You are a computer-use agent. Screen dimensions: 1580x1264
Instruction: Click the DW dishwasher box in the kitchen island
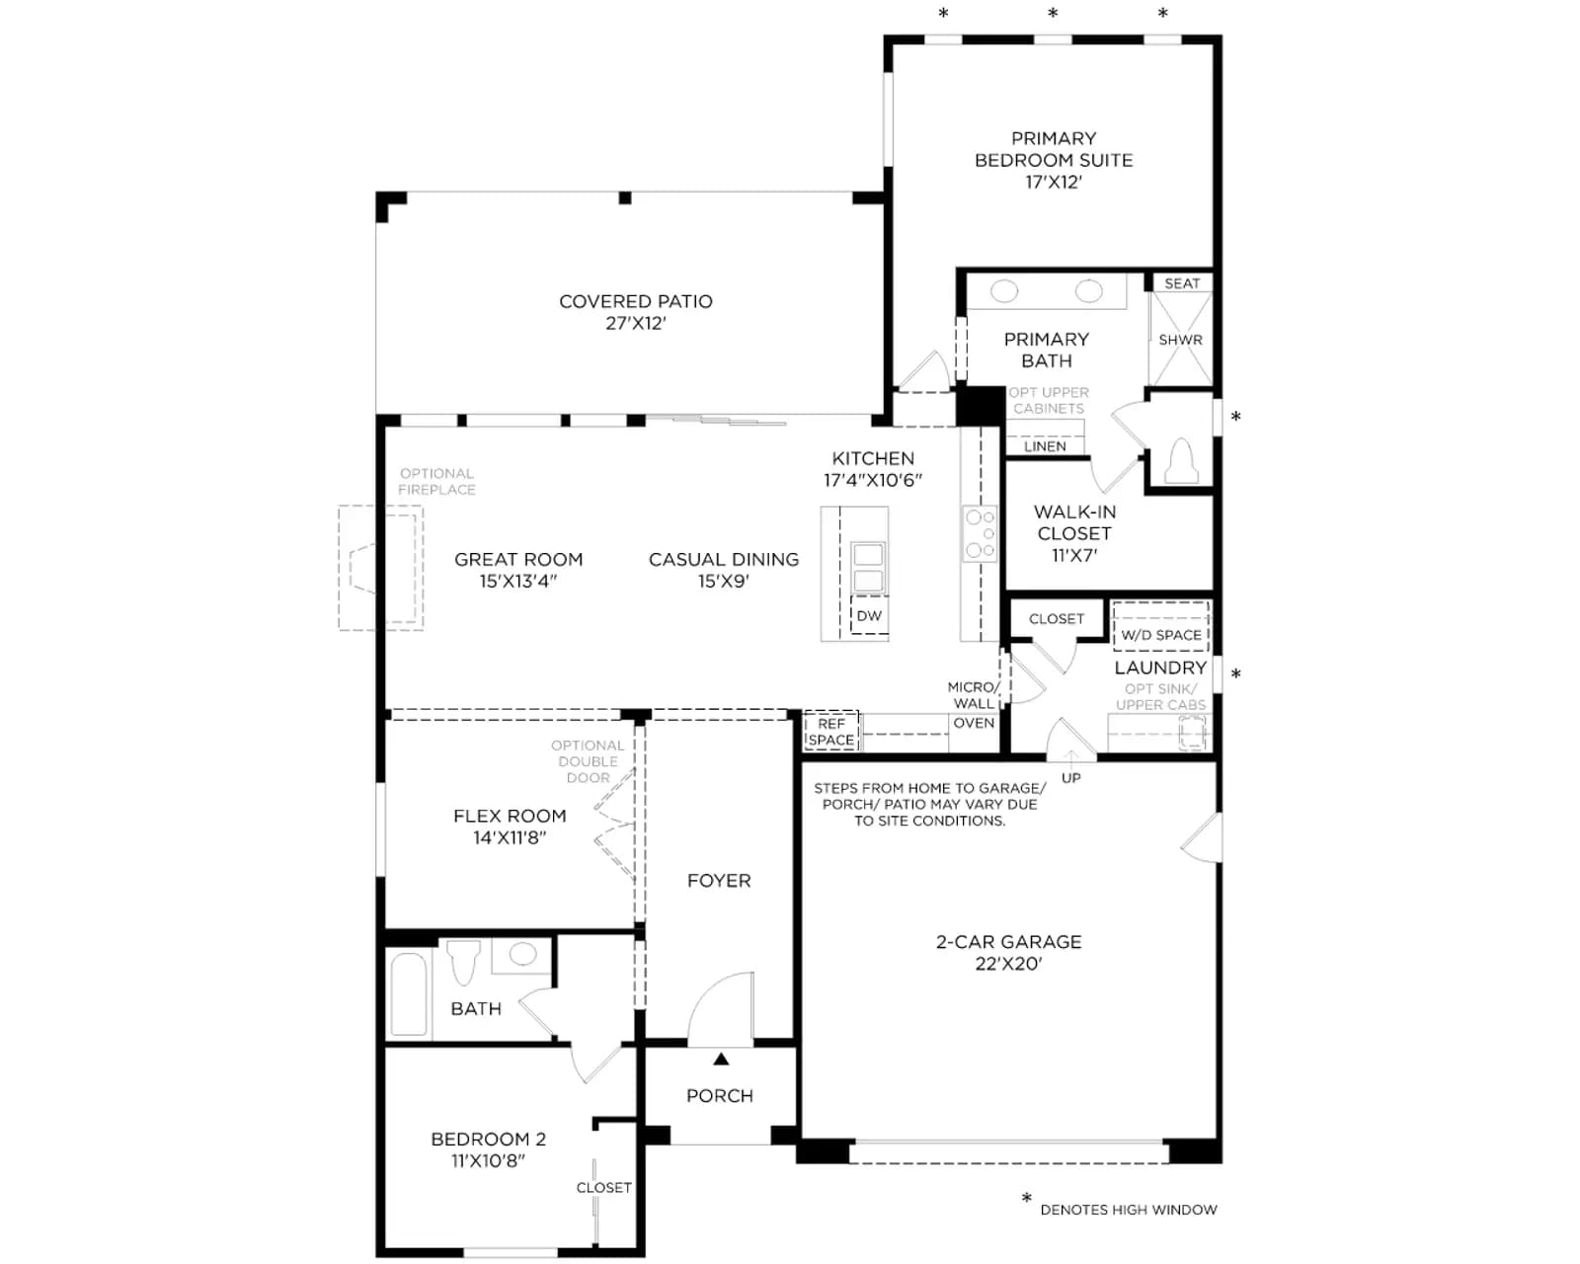coord(869,615)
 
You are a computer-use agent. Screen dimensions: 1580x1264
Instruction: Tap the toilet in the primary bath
coord(1181,460)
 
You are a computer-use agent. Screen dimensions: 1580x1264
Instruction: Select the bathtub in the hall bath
coord(408,993)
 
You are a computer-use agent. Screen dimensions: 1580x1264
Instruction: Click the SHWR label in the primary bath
coord(1181,340)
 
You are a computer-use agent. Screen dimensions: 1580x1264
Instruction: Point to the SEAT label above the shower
coord(1182,283)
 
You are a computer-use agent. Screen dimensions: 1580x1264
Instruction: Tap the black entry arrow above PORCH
coord(721,1059)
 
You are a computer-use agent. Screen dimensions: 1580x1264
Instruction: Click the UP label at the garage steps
coord(1071,778)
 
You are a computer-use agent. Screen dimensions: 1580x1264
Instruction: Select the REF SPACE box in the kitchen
coord(831,732)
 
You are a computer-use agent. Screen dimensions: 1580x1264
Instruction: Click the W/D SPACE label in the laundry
coord(1160,635)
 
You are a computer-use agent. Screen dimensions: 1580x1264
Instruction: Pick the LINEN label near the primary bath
coord(1045,446)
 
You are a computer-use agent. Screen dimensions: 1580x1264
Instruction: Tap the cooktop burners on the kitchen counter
coord(981,533)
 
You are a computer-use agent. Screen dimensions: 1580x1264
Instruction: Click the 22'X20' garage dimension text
coord(1009,964)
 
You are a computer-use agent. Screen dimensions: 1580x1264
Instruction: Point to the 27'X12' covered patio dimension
coord(636,323)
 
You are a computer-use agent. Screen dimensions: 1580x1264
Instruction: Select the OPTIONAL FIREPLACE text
coord(436,482)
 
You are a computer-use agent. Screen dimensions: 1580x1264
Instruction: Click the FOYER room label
coord(719,881)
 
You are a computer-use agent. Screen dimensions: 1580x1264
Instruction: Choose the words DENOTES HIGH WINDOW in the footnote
coord(1129,1210)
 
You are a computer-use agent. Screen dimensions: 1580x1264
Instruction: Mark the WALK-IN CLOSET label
coord(1074,523)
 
